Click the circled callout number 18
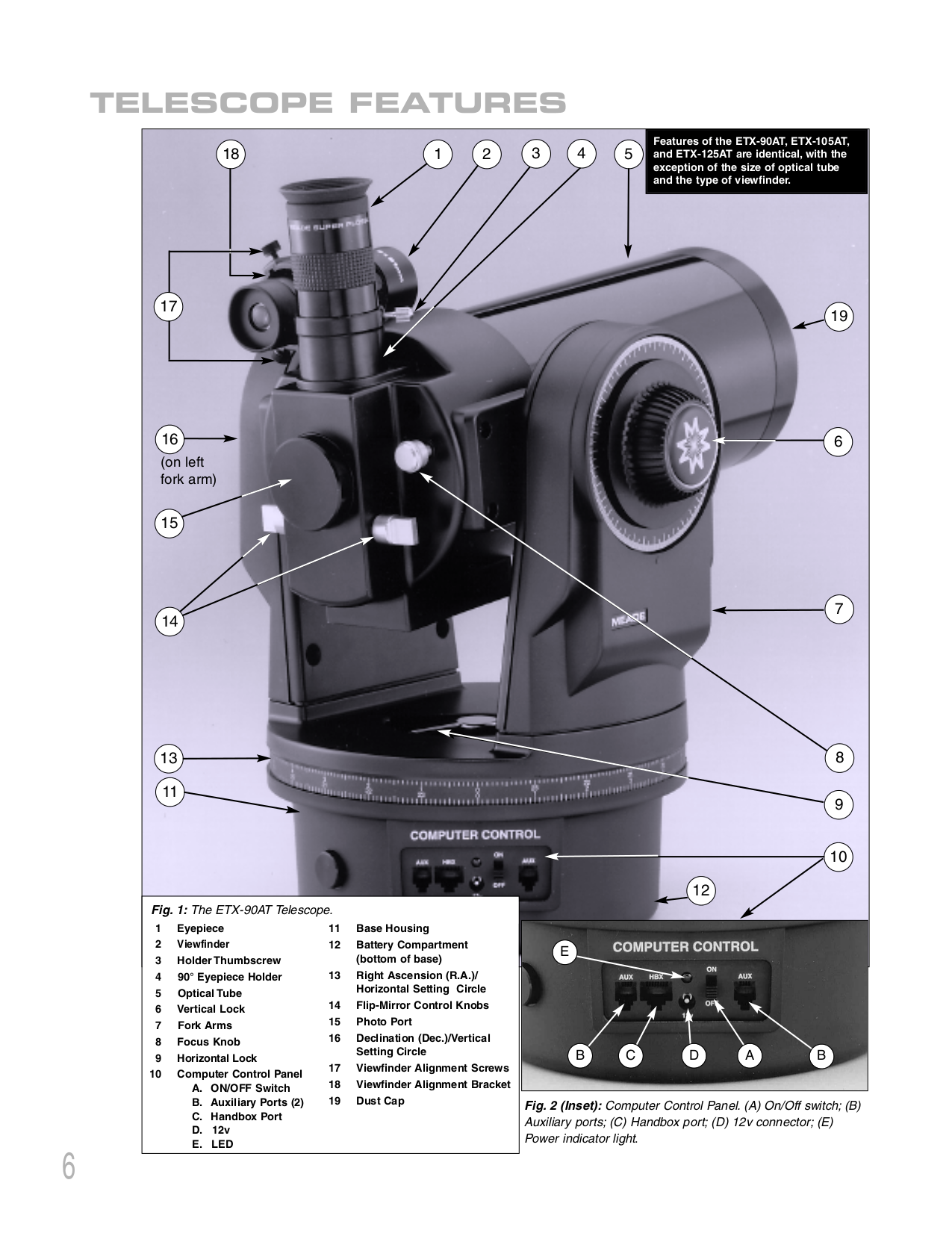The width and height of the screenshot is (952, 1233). (x=231, y=154)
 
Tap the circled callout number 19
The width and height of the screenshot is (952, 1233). (x=839, y=316)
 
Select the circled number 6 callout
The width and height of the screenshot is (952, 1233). (x=839, y=441)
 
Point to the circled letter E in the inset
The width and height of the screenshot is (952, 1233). (x=564, y=951)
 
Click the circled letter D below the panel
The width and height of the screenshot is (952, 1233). (x=694, y=1055)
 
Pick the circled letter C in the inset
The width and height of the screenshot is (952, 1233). (x=630, y=1055)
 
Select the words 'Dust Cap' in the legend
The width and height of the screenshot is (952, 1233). (x=380, y=1101)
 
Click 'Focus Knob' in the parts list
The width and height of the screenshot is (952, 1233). (x=208, y=1042)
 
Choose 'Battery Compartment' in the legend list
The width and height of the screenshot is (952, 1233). (x=411, y=945)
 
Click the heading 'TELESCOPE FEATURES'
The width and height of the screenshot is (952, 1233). (x=327, y=103)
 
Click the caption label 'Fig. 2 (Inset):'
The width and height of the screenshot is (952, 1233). (x=563, y=1105)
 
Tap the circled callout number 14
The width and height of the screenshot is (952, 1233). (x=170, y=621)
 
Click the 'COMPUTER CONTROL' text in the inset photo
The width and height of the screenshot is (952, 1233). (x=685, y=946)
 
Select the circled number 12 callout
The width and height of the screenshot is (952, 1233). (x=700, y=889)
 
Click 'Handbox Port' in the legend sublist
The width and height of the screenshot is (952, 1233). (x=246, y=1116)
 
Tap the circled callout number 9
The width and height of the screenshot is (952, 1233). (x=839, y=804)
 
